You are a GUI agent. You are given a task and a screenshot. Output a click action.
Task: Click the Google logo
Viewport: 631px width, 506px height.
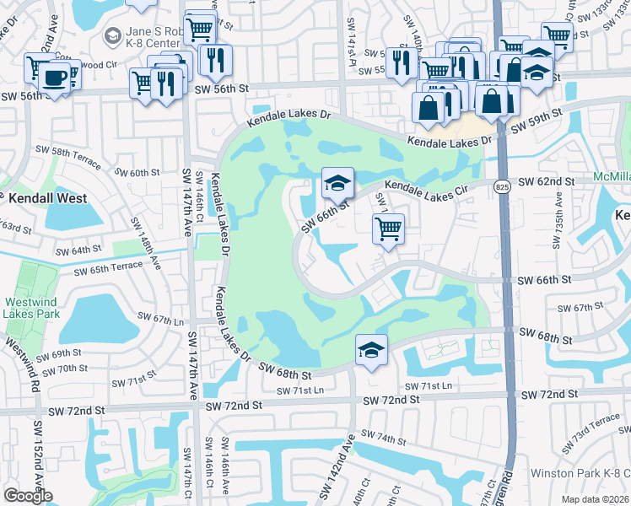click(28, 496)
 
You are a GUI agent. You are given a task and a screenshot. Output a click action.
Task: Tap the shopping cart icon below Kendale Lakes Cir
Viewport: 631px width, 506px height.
click(388, 228)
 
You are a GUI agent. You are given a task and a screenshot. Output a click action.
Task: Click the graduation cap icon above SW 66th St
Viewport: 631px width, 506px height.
click(337, 182)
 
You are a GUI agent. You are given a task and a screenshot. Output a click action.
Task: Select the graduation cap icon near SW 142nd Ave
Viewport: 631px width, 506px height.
click(371, 349)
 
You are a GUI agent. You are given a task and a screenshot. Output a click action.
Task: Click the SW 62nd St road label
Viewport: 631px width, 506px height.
click(546, 181)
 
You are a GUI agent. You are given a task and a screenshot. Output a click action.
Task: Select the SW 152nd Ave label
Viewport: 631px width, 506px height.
click(38, 455)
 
